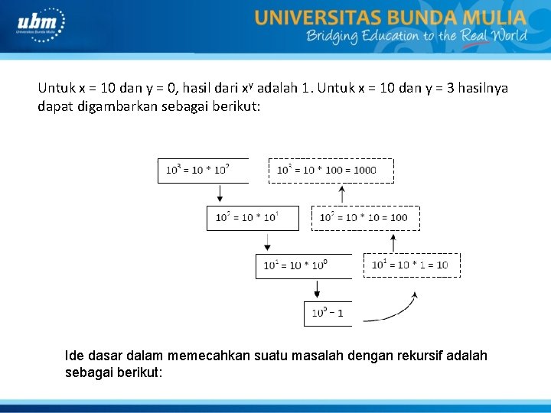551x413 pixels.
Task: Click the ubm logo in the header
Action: (x=41, y=24)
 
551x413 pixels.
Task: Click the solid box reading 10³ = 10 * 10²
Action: (x=204, y=170)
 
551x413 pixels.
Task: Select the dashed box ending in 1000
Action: (x=331, y=170)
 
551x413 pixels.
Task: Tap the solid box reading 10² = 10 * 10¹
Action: (x=252, y=218)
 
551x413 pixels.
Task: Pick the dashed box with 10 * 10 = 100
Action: (x=366, y=218)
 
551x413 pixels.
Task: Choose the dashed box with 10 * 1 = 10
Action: (x=412, y=265)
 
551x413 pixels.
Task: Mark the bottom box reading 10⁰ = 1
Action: (x=328, y=313)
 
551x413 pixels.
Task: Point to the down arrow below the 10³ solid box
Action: (x=220, y=194)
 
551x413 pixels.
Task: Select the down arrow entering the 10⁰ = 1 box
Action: (x=316, y=291)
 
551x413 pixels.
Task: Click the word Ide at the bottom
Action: (x=75, y=356)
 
